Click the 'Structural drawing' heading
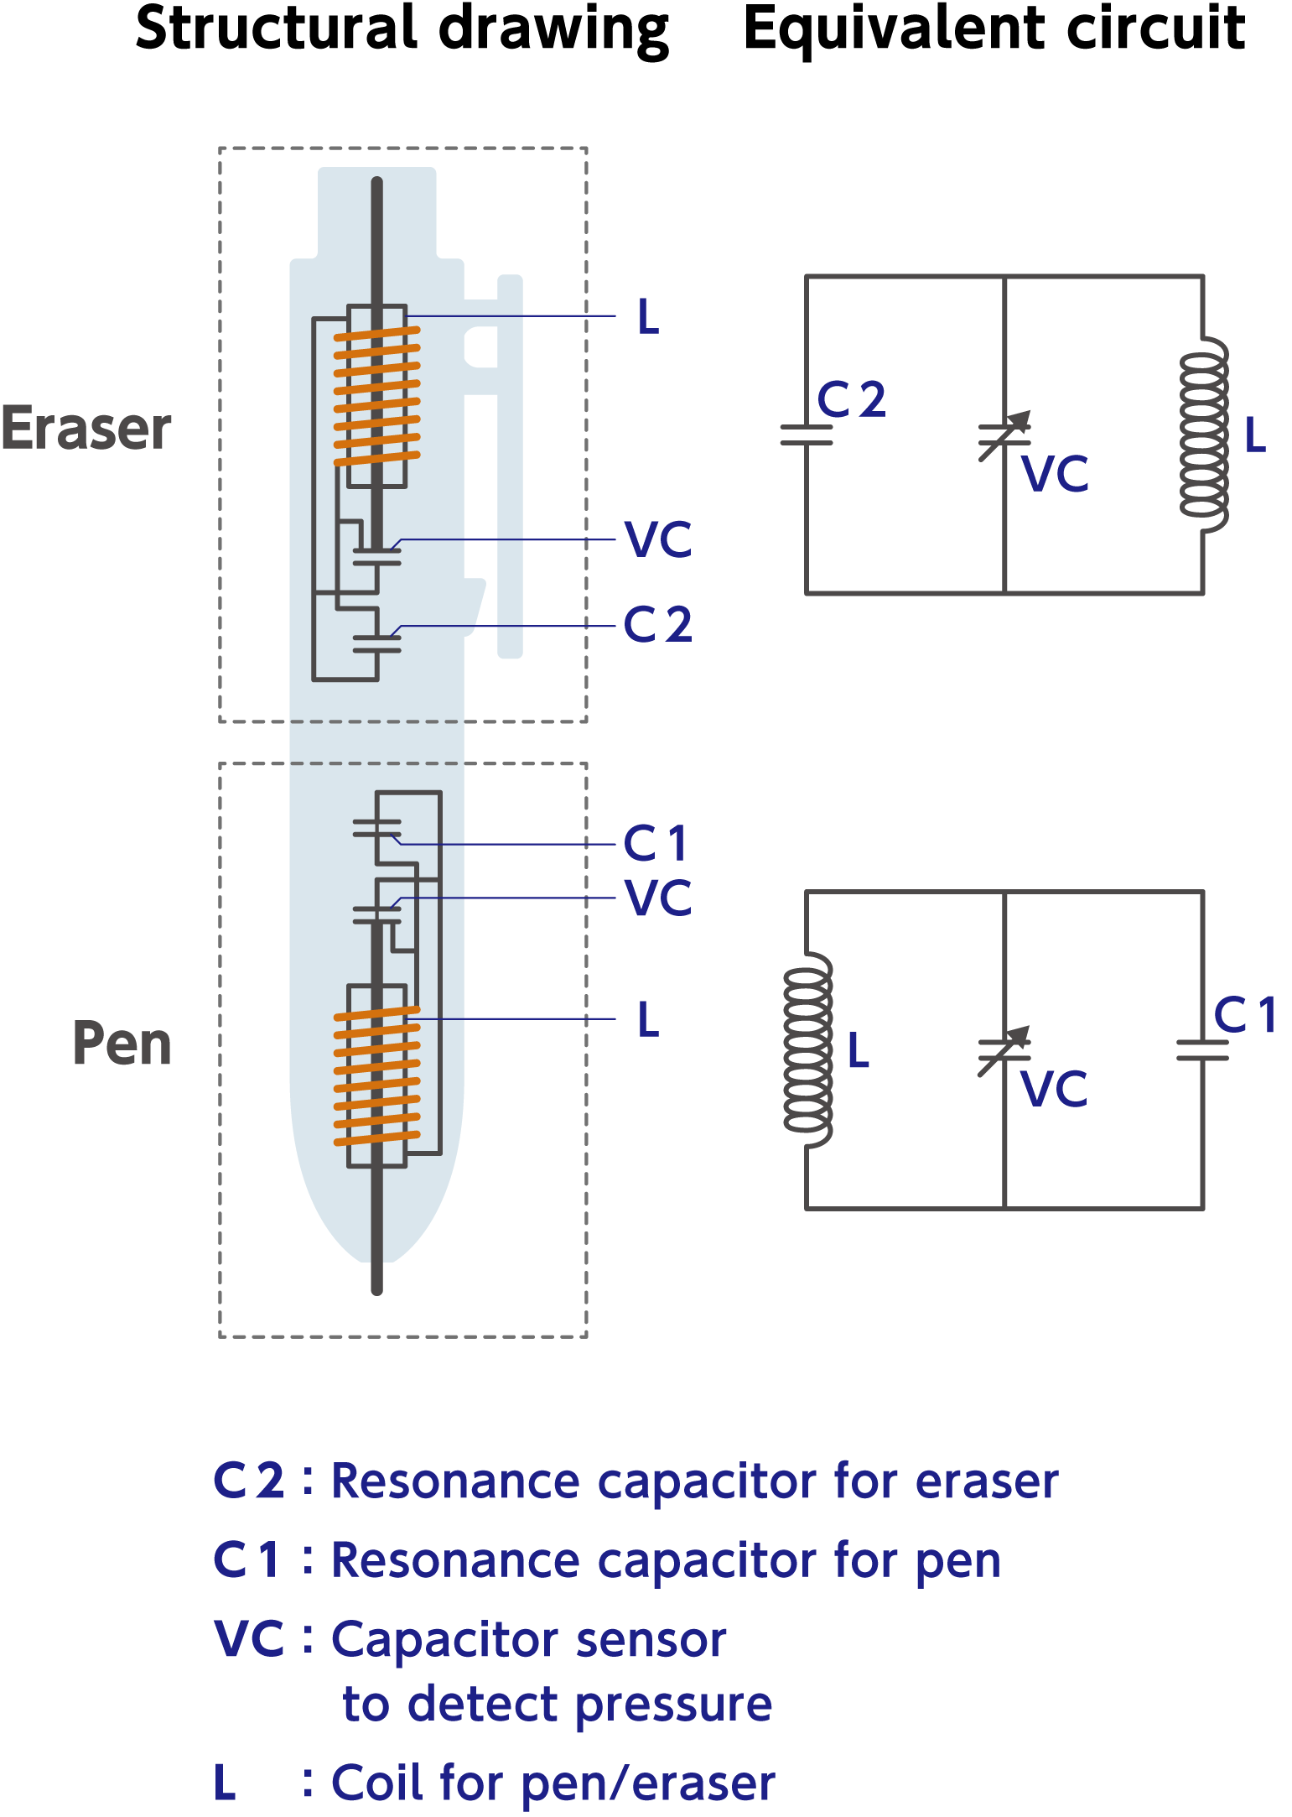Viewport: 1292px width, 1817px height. (x=402, y=30)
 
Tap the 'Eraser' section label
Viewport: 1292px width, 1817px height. (x=86, y=429)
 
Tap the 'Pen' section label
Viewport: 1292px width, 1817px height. (x=122, y=1044)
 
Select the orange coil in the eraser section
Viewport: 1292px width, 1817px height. (x=377, y=396)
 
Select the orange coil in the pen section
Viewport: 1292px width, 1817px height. (x=377, y=1076)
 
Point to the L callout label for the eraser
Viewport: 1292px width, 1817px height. (x=648, y=317)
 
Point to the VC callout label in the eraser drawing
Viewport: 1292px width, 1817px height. (x=659, y=539)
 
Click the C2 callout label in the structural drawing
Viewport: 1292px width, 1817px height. (x=658, y=625)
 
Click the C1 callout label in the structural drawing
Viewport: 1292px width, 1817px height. (x=656, y=843)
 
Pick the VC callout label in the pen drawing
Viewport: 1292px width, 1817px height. (x=659, y=898)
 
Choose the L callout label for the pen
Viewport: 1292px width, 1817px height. (x=648, y=1019)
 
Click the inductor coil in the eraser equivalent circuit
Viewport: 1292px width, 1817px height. (x=1204, y=435)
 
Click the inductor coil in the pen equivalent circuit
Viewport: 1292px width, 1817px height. (x=807, y=1050)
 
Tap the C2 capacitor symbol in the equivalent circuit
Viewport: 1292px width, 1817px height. (x=807, y=435)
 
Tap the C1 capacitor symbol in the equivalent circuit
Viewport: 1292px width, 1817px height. (x=1202, y=1050)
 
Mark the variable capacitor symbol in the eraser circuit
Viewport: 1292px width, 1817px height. (x=1004, y=435)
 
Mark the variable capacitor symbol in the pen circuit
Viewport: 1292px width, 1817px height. (x=1004, y=1051)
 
